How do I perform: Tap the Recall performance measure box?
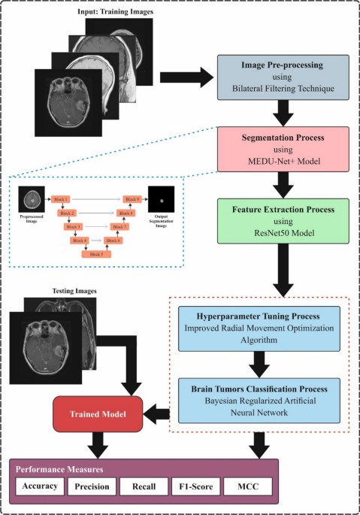(143, 486)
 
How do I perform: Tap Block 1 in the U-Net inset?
(62, 198)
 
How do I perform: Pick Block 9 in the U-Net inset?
(132, 198)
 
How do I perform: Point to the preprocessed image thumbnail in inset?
(29, 198)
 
